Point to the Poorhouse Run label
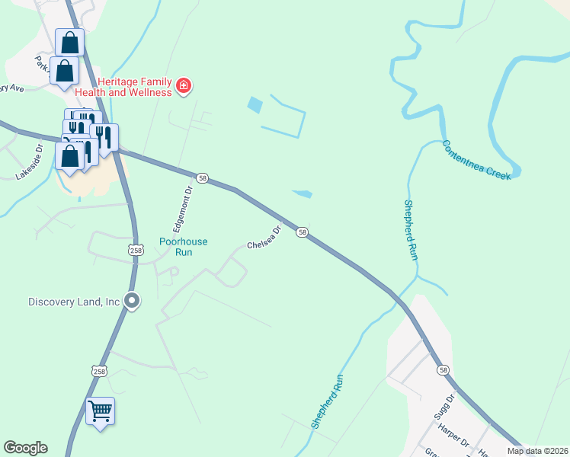183,246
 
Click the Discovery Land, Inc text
74,302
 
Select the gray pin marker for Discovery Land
132,302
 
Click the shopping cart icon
100,412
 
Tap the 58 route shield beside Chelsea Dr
303,232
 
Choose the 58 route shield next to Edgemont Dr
202,177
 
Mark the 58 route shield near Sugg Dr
444,369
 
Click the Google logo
25,448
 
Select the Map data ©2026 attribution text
537,451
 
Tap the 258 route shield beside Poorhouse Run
136,250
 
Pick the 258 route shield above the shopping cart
99,371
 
